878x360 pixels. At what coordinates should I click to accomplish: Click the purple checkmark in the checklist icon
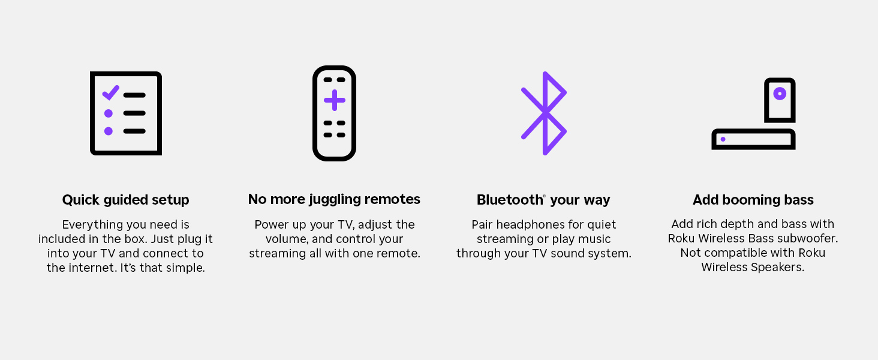tap(110, 93)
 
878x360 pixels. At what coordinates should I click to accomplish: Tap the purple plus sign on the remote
tap(335, 100)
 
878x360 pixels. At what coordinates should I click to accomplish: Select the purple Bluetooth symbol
tap(544, 113)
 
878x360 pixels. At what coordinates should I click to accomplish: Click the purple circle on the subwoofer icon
tap(780, 94)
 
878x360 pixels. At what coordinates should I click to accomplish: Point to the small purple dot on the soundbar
tap(723, 139)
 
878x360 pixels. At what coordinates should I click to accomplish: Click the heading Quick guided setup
tap(125, 200)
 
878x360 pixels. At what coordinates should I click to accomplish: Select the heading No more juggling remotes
tap(334, 199)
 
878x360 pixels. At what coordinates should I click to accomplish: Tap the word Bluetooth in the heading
tap(509, 200)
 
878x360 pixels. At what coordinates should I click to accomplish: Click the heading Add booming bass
tap(753, 200)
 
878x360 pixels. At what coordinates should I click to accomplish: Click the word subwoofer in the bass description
tap(810, 238)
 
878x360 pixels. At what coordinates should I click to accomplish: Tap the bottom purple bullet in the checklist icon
tap(109, 131)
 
